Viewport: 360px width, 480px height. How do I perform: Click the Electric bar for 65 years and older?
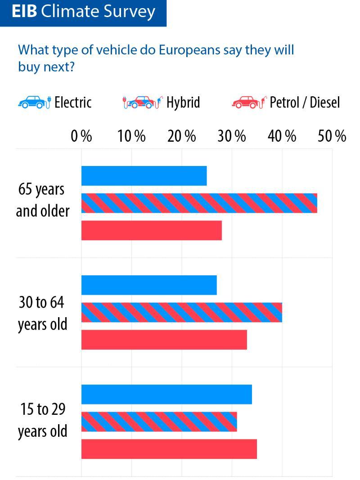point(144,176)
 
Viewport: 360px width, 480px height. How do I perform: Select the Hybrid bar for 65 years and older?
point(199,203)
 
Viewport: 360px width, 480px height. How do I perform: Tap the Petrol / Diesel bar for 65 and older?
point(151,230)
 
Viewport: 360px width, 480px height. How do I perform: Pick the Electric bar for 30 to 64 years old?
point(149,285)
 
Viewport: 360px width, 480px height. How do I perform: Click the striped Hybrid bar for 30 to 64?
point(181,312)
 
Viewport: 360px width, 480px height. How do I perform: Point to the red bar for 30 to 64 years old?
point(164,340)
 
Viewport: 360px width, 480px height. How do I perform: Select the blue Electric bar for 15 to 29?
point(166,395)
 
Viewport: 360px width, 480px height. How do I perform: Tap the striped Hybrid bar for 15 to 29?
point(159,422)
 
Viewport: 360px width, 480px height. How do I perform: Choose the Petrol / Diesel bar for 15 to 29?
point(169,449)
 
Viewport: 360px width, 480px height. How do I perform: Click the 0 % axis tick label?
point(81,136)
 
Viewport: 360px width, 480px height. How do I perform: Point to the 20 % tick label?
point(182,136)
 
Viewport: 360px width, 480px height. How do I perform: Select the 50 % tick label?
point(332,136)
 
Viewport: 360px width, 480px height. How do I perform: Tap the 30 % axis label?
point(232,136)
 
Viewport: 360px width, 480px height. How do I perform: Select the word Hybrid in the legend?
point(183,103)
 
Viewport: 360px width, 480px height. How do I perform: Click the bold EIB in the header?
point(24,12)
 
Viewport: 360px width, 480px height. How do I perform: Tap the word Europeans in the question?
point(189,49)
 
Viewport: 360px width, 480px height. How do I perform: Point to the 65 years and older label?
point(43,200)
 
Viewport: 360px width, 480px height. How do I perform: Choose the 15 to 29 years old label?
point(43,420)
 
